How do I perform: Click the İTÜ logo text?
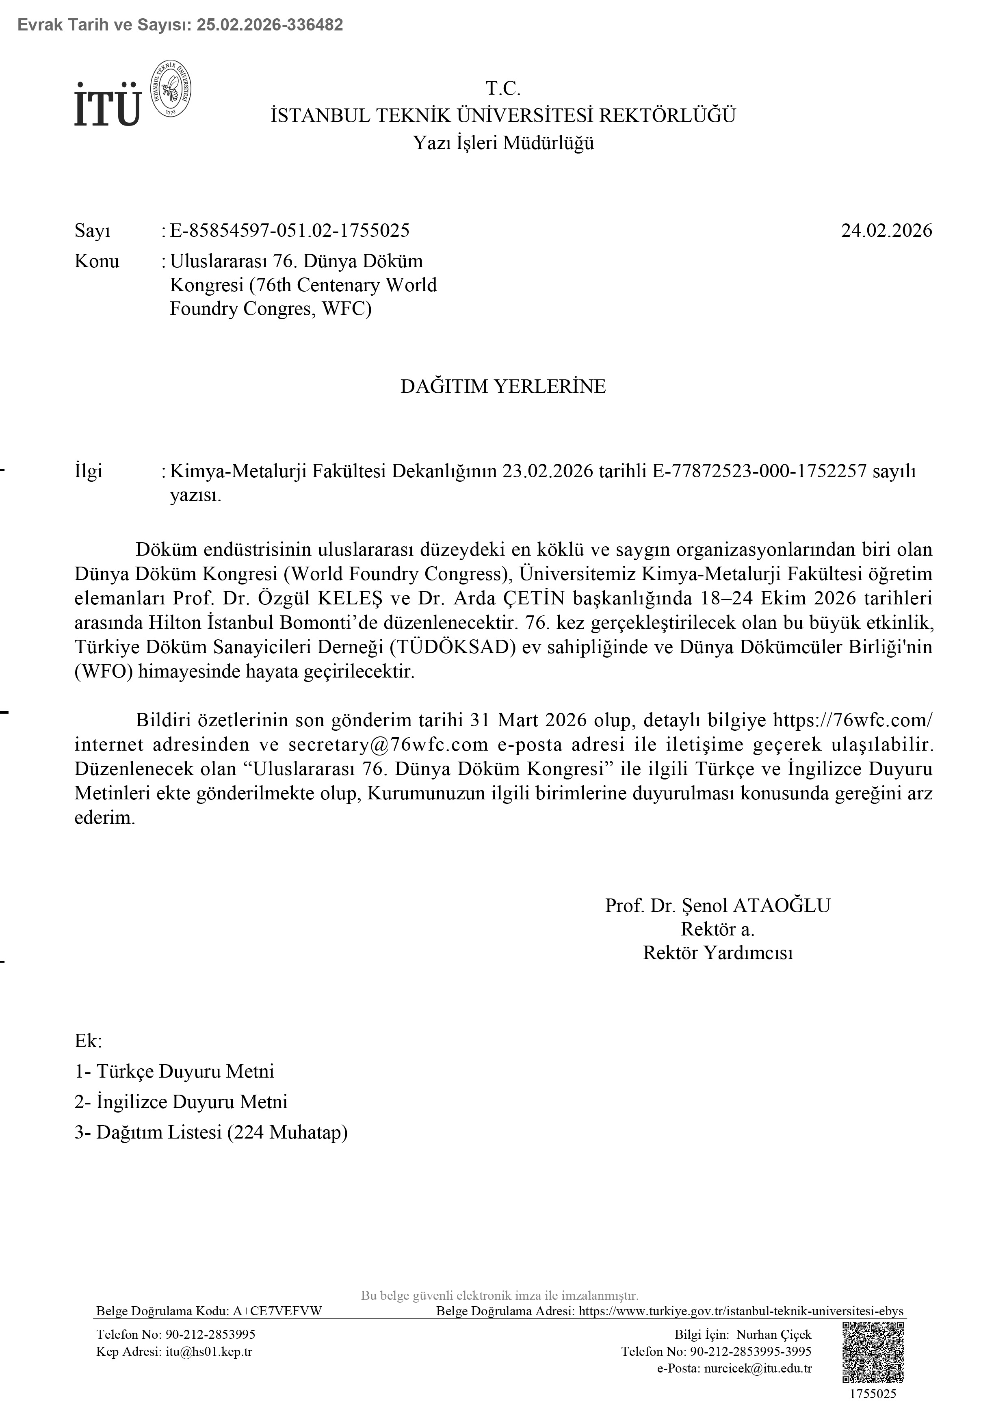coord(107,105)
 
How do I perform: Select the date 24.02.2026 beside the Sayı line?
coord(886,230)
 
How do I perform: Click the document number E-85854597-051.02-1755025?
coord(289,230)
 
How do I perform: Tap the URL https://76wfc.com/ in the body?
coord(852,720)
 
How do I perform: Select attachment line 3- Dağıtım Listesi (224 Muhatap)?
coord(211,1132)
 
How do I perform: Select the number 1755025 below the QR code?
coord(873,1394)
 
